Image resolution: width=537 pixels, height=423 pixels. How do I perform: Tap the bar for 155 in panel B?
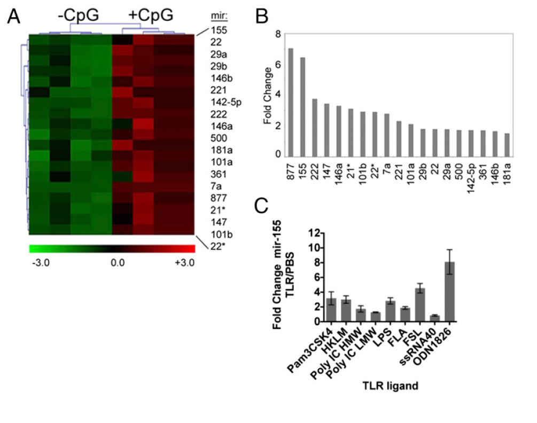303,107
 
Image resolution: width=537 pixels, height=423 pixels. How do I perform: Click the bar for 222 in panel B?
315,128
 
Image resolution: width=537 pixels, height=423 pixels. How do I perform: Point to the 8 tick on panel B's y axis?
277,34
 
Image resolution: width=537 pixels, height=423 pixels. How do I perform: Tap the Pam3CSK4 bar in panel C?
331,310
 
